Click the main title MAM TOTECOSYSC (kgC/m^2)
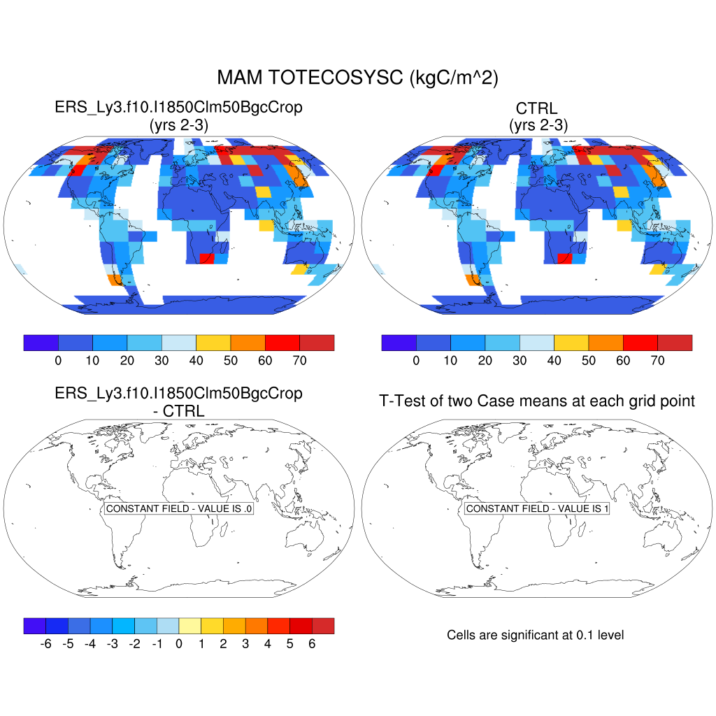(x=357, y=78)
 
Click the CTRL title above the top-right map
(x=537, y=108)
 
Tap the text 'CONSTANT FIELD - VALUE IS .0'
(x=179, y=509)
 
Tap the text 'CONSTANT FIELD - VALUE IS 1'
(x=537, y=509)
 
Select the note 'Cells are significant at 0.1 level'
(x=535, y=635)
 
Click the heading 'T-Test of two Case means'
(x=537, y=401)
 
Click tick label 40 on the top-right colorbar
(x=554, y=360)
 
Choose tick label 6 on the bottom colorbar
(x=312, y=643)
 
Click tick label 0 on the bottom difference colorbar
(x=179, y=643)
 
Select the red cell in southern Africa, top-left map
(x=208, y=259)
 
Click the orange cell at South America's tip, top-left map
(x=115, y=280)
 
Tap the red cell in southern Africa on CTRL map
(x=564, y=259)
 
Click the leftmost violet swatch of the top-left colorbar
(x=41, y=343)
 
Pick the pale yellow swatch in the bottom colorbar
(x=190, y=626)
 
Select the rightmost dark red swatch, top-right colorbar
(x=675, y=343)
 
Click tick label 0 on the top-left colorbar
(x=58, y=360)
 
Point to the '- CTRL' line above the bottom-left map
(x=179, y=411)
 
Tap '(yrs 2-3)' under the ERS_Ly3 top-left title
(x=179, y=125)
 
